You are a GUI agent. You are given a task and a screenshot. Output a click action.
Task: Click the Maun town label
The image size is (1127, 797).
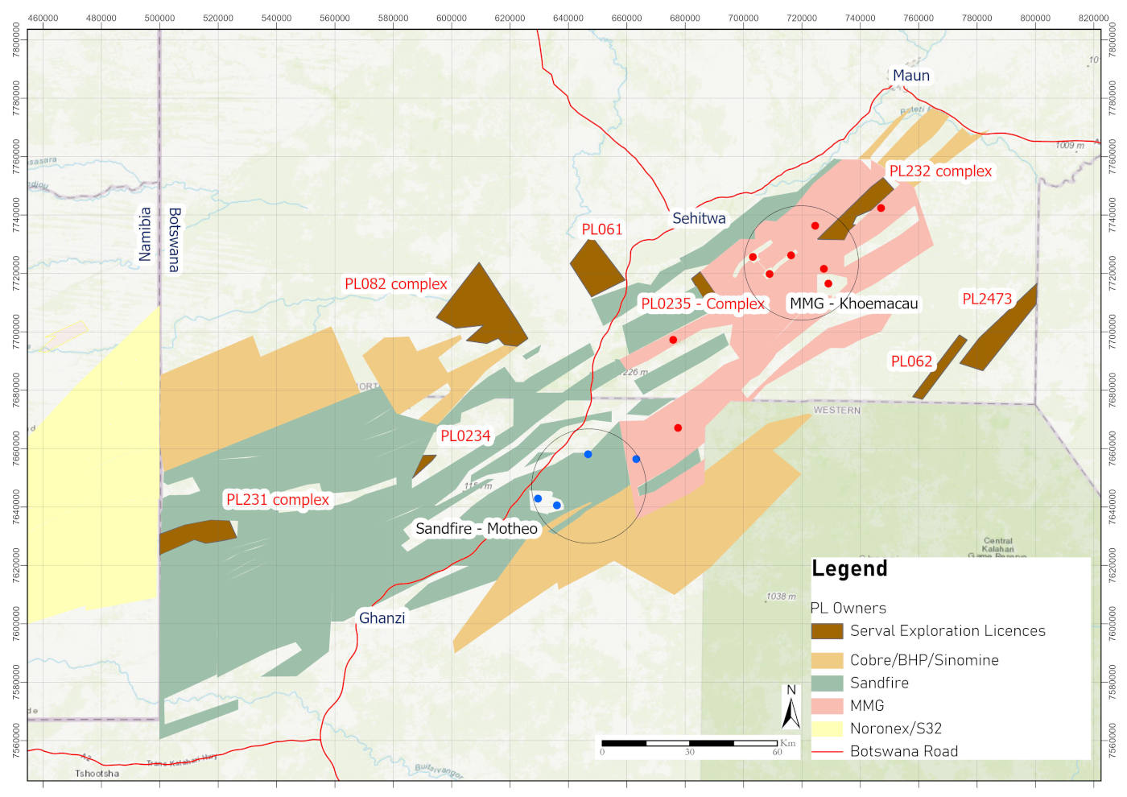pos(910,76)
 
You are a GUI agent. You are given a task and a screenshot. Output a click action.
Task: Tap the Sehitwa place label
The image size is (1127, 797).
pos(699,218)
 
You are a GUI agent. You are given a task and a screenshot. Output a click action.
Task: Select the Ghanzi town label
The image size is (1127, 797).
pos(382,618)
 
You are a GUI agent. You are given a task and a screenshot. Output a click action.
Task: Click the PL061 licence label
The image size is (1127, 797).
pos(602,229)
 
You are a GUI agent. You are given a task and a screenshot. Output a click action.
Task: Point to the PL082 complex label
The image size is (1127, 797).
pos(395,284)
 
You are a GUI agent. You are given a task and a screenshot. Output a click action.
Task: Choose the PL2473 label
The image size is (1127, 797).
pos(987,299)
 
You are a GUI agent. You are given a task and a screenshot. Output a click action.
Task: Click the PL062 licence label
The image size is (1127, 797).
pos(911,361)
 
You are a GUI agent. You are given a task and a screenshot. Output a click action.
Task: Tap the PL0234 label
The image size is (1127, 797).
pos(465,436)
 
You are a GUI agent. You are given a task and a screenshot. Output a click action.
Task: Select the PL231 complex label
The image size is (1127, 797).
pos(278,500)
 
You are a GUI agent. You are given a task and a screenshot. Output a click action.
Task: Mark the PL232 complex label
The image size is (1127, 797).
pos(940,171)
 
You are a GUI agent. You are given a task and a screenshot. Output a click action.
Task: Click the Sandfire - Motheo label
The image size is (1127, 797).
pos(477,529)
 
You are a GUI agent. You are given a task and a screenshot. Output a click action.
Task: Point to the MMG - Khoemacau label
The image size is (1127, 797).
pos(853,304)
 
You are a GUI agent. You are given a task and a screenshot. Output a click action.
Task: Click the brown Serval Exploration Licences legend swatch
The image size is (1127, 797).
pos(827,631)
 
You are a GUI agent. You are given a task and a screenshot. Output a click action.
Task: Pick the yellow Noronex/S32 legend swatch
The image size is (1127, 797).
pos(827,729)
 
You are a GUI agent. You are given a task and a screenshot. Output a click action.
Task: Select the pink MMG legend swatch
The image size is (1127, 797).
pos(827,706)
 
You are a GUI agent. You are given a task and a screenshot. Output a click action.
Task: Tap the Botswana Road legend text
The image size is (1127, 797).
pos(904,751)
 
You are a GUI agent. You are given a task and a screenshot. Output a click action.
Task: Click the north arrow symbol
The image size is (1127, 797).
pos(791,708)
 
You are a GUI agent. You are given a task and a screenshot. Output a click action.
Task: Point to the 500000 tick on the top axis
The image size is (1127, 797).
pos(159,18)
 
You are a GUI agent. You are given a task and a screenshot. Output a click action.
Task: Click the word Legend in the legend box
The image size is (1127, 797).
pos(849,569)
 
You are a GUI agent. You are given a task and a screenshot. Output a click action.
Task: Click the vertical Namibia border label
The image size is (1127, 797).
pos(145,234)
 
